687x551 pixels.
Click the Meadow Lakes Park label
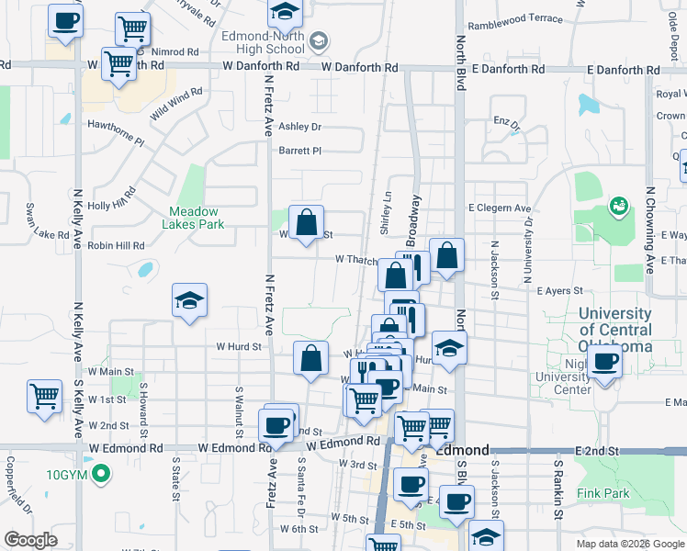(x=193, y=217)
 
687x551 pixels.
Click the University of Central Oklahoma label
(x=615, y=330)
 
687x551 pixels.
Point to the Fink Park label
(x=603, y=493)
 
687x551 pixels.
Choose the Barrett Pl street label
(x=300, y=151)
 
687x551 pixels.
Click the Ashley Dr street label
(x=300, y=127)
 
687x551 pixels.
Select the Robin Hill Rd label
(x=117, y=246)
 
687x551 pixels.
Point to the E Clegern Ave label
(x=501, y=208)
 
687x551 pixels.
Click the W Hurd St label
(x=240, y=347)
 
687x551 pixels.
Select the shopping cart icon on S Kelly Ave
(x=44, y=396)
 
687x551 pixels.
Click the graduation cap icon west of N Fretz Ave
(x=189, y=300)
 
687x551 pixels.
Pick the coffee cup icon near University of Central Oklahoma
(x=604, y=359)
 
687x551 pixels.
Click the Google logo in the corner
(x=31, y=540)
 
